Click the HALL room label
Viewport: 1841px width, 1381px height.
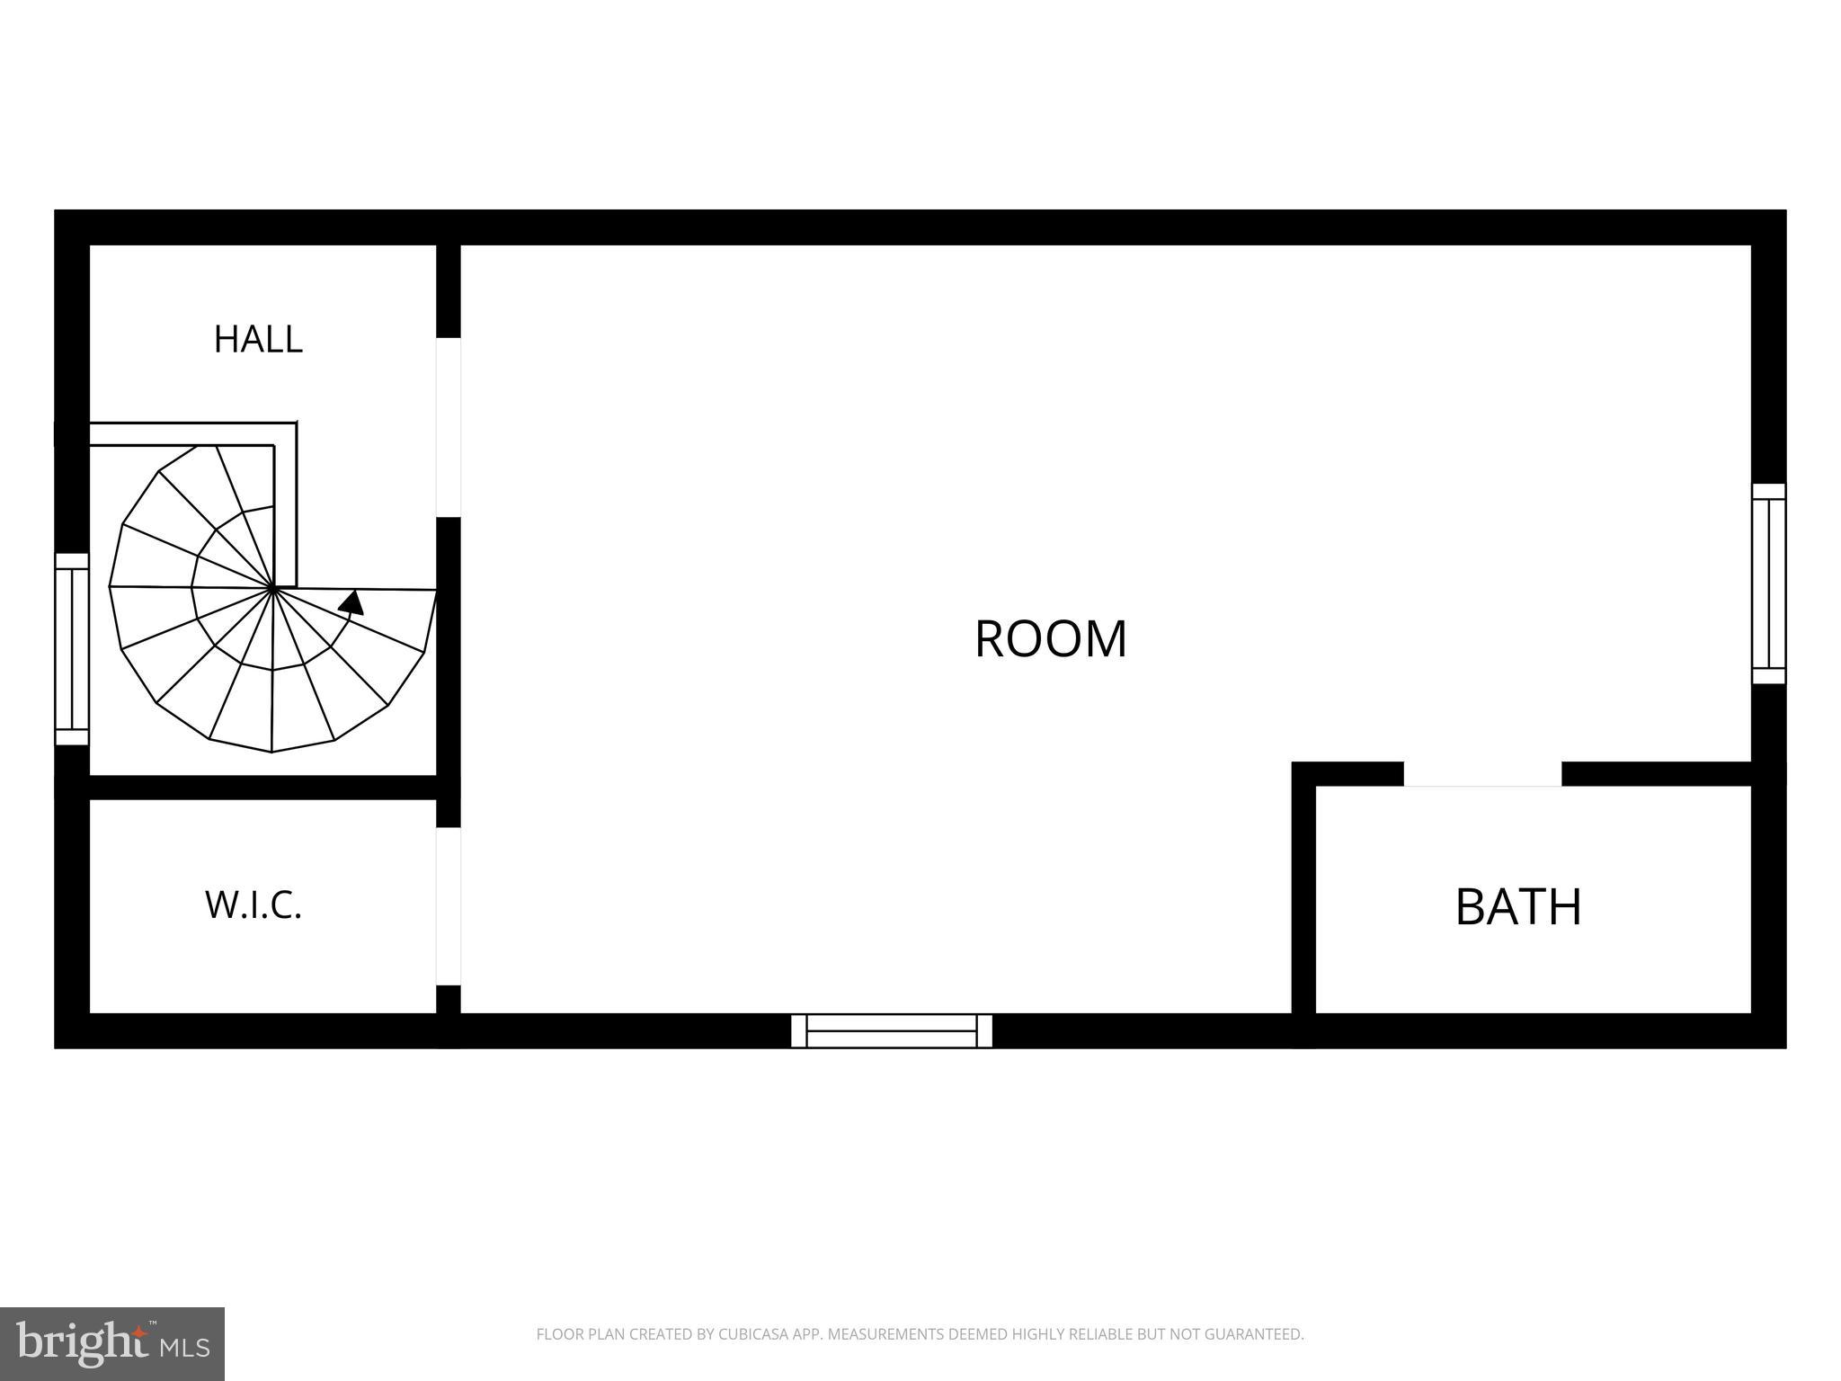point(258,339)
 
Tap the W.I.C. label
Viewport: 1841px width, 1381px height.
point(253,905)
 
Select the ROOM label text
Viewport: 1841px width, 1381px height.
point(1051,639)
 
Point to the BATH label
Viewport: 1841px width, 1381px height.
point(1518,907)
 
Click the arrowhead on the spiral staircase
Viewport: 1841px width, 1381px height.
point(351,602)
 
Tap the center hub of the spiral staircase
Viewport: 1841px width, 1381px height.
point(272,588)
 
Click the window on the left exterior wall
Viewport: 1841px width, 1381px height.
point(72,649)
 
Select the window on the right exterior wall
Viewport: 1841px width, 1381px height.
point(1769,584)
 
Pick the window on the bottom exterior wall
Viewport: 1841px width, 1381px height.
point(892,1030)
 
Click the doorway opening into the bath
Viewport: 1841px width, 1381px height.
point(1483,774)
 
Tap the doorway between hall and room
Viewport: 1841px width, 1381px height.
point(449,427)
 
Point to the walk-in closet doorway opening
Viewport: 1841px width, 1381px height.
point(449,906)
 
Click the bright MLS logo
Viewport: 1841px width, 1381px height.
point(112,1344)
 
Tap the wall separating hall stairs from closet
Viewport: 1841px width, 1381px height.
point(262,788)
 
